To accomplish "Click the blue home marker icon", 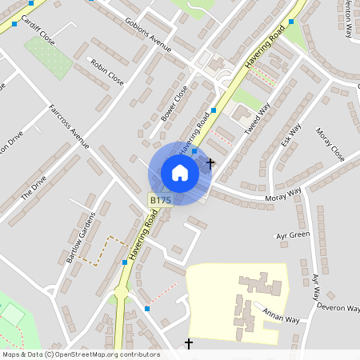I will (x=180, y=173).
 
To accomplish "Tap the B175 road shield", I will (x=158, y=199).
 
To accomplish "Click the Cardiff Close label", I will (x=37, y=30).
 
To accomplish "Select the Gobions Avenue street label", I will (x=148, y=34).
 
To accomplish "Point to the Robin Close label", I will (x=107, y=72).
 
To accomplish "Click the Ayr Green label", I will (x=292, y=235).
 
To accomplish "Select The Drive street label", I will (x=34, y=187).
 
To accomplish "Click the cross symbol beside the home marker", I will (x=210, y=163).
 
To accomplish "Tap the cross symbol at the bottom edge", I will (x=189, y=344).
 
